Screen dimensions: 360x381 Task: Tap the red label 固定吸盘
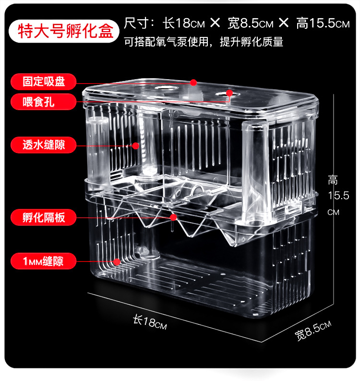(x=44, y=82)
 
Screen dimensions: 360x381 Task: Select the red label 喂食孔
(x=44, y=102)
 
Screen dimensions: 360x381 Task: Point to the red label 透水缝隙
(x=44, y=144)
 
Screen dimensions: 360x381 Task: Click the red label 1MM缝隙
(x=44, y=261)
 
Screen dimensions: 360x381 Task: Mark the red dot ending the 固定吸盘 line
(x=193, y=83)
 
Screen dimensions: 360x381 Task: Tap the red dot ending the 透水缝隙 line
(x=136, y=145)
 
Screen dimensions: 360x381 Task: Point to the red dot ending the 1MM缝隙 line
(x=117, y=262)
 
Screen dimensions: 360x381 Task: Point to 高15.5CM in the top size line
(x=323, y=23)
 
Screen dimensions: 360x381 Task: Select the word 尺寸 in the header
(x=136, y=23)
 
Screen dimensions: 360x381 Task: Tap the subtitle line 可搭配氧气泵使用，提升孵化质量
(x=204, y=42)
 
